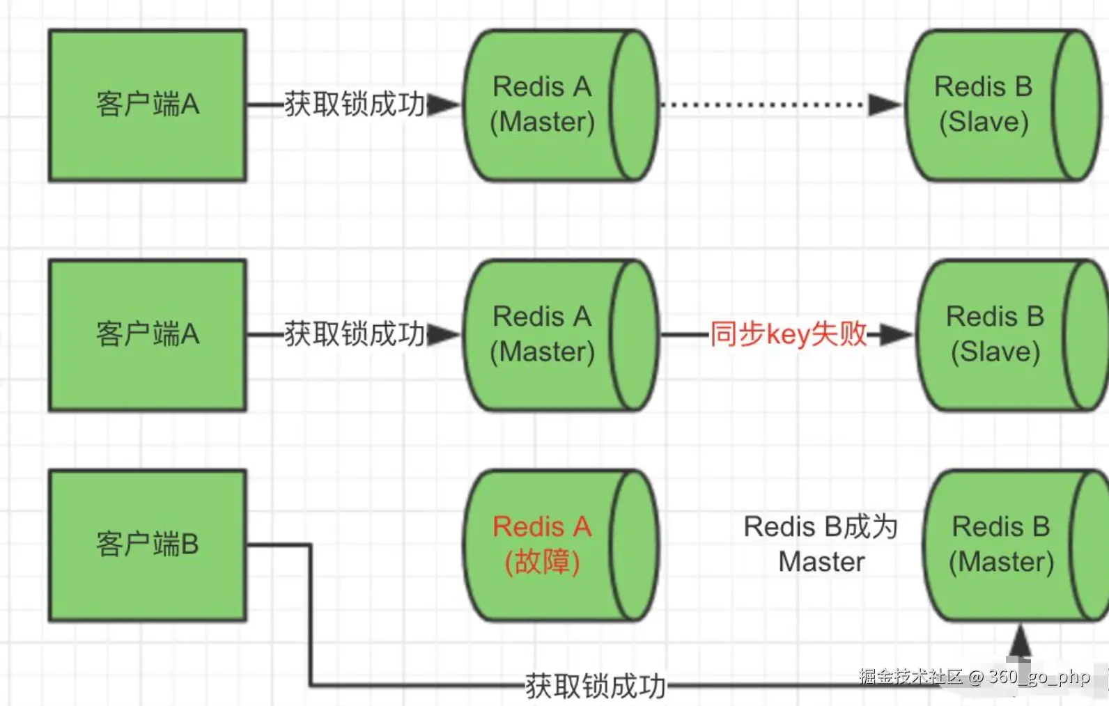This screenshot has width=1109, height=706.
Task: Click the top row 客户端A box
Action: pyautogui.click(x=147, y=105)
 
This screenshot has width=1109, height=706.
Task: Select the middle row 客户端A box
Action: pyautogui.click(x=147, y=335)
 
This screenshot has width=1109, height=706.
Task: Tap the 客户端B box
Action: pyautogui.click(x=147, y=544)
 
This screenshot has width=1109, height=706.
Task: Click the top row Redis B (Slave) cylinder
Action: pyautogui.click(x=989, y=105)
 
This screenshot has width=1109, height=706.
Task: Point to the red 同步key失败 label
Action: pyautogui.click(x=788, y=334)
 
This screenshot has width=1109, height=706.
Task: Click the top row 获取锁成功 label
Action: pyautogui.click(x=354, y=104)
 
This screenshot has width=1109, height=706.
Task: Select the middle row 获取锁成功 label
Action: pyautogui.click(x=354, y=334)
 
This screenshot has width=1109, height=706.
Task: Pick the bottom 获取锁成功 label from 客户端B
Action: pyautogui.click(x=596, y=686)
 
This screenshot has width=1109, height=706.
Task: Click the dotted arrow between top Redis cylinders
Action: pyautogui.click(x=763, y=105)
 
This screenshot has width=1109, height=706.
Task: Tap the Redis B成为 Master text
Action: pyautogui.click(x=821, y=544)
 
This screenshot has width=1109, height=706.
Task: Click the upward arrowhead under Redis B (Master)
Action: pyautogui.click(x=1020, y=641)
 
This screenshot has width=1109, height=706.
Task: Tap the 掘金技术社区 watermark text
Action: pyautogui.click(x=910, y=676)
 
